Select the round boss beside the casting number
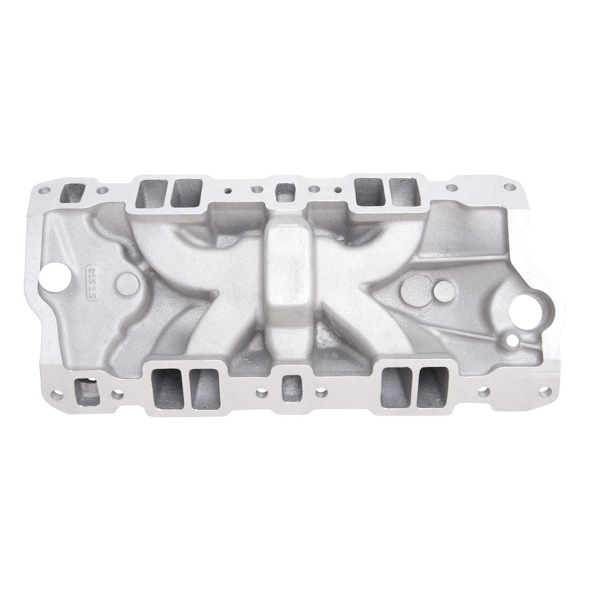pyautogui.click(x=127, y=283)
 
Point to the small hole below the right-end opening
pyautogui.click(x=512, y=341)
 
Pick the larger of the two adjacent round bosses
pyautogui.click(x=416, y=290)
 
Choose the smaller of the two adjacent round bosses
pyautogui.click(x=444, y=291)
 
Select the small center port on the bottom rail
pyautogui.click(x=291, y=388)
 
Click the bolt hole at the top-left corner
pyautogui.click(x=44, y=191)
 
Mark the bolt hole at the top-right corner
pyautogui.click(x=509, y=187)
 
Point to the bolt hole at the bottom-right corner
pyautogui.click(x=544, y=391)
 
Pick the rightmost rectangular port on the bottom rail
pyautogui.click(x=432, y=387)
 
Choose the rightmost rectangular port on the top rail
pyautogui.click(x=404, y=192)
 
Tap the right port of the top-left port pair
pyautogui.click(x=186, y=193)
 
